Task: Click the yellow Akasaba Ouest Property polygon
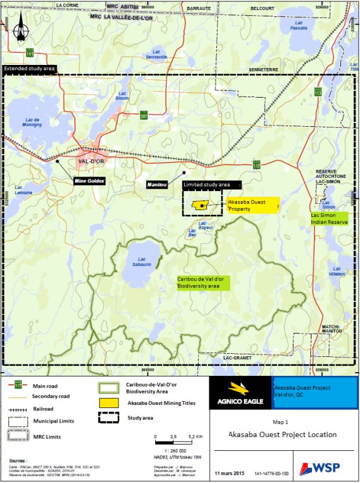point(200,206)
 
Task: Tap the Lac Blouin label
point(123,96)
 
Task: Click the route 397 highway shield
point(144,117)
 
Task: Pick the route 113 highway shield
point(318,93)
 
